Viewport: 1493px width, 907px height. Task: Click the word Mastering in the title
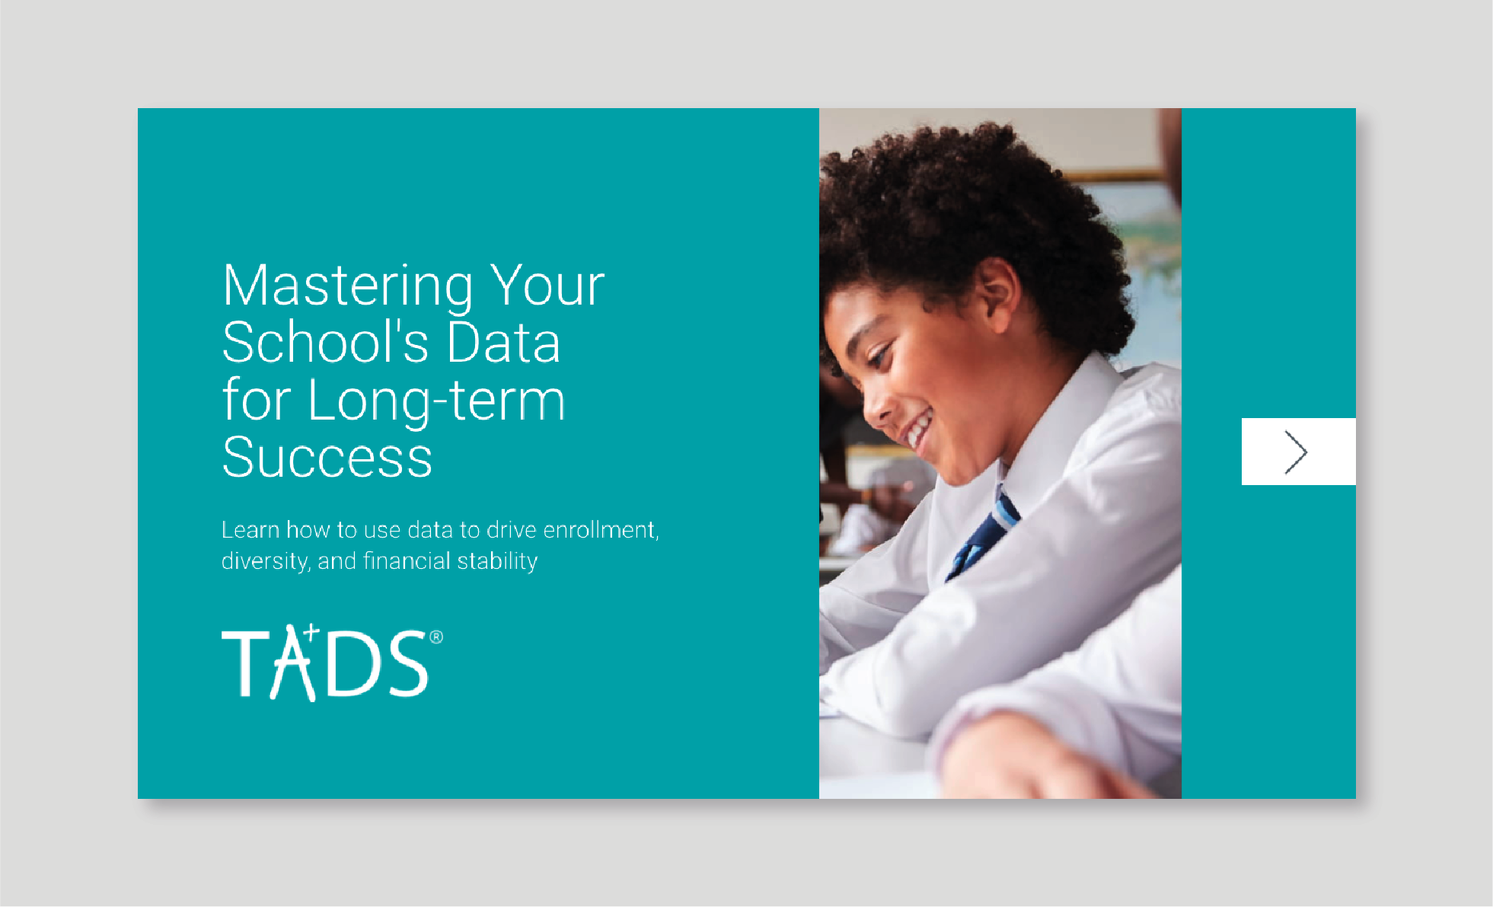347,287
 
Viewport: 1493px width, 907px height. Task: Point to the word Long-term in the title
436,401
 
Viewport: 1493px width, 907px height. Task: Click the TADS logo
332,662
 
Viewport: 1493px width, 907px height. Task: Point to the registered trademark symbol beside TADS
436,637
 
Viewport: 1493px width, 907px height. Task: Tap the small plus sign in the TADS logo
311,631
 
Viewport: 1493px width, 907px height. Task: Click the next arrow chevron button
1298,452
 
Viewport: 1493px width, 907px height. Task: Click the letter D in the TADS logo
356,664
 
